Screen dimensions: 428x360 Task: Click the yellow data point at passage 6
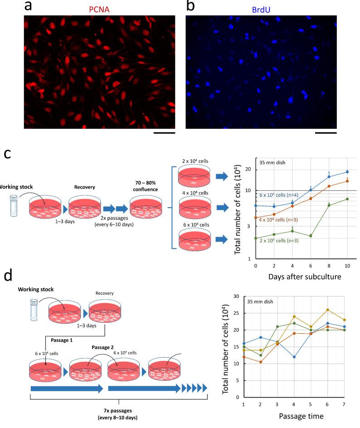327,310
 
